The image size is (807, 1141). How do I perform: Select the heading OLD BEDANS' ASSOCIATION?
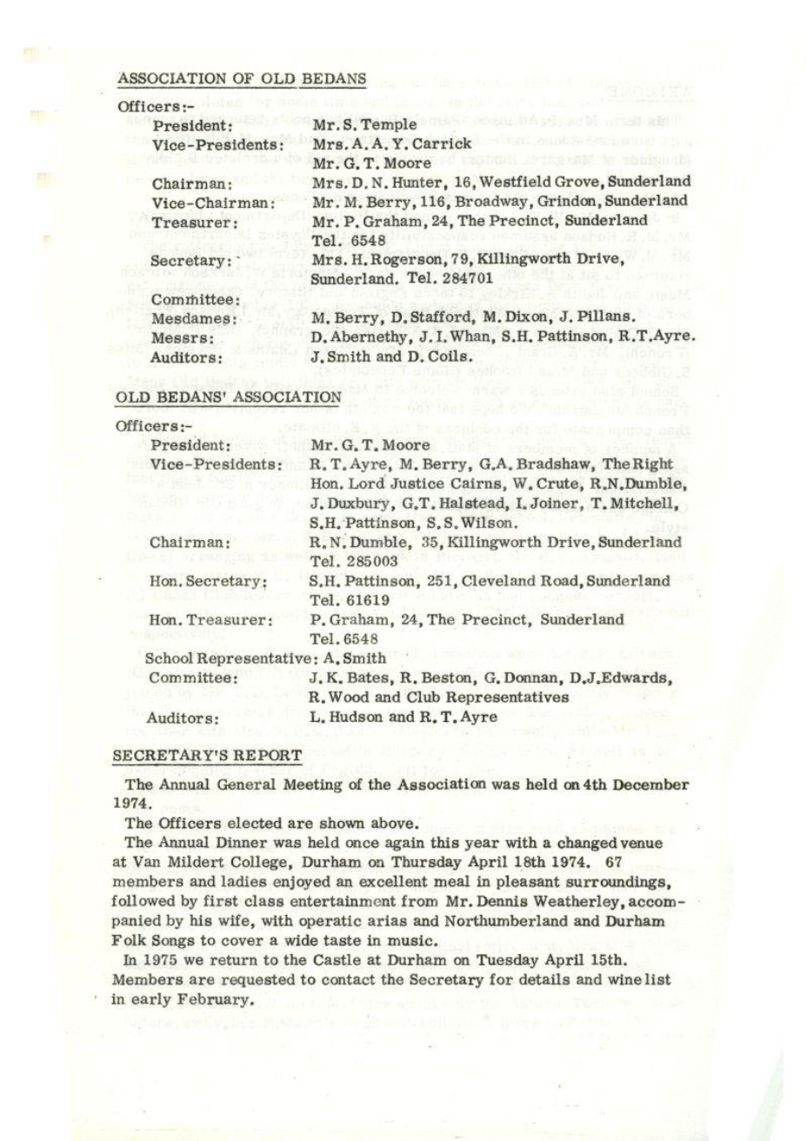point(229,397)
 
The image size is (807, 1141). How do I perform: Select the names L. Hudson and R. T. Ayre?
point(404,717)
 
